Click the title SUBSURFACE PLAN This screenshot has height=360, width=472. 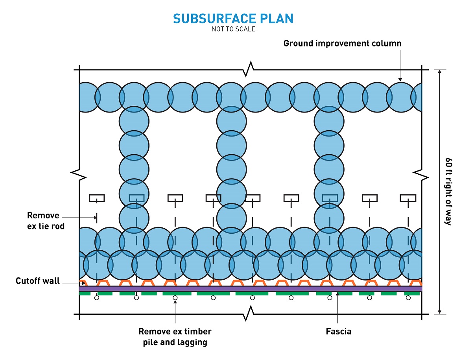pos(233,19)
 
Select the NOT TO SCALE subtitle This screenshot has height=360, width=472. pos(233,29)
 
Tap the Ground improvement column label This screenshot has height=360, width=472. pos(342,43)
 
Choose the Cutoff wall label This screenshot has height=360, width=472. pos(38,281)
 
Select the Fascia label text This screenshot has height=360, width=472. pos(338,331)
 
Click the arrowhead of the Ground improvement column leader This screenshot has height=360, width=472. pos(400,80)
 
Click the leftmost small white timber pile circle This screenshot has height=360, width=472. pos(96,298)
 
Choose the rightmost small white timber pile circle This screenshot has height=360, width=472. pos(408,298)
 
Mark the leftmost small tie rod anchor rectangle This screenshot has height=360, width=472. pos(96,198)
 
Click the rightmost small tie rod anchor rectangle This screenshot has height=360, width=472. pos(408,198)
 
